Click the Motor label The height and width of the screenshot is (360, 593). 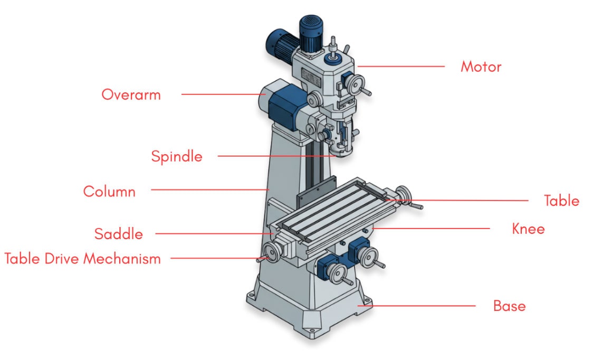point(481,67)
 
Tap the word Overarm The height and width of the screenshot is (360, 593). point(131,94)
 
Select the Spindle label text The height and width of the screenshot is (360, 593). point(177,156)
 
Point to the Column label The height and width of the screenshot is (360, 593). point(109,192)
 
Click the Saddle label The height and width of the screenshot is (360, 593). point(118,234)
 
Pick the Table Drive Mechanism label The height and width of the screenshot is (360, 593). point(82,259)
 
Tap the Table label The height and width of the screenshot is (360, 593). point(561,201)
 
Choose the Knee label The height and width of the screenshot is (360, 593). point(528,229)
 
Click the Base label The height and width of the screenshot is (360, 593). point(510,306)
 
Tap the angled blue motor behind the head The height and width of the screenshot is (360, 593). point(282,43)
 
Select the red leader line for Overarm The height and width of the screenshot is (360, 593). point(224,94)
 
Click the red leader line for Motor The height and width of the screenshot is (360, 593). point(401,66)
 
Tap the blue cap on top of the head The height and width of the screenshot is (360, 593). point(333,59)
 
